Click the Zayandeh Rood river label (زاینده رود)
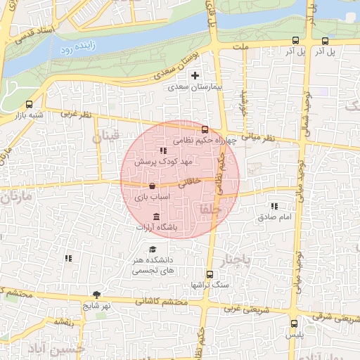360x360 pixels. [75, 49]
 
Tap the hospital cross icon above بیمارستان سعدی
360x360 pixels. [195, 75]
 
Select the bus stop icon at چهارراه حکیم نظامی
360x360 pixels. [205, 129]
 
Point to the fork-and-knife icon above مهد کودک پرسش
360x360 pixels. [163, 150]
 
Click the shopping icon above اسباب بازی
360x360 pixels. [152, 186]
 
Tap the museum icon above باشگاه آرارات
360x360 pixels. [155, 216]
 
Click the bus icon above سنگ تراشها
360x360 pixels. [209, 274]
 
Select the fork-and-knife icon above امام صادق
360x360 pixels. [274, 206]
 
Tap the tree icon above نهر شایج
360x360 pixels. [96, 295]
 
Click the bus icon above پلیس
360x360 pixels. [294, 324]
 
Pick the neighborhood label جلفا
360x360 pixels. [210, 209]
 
